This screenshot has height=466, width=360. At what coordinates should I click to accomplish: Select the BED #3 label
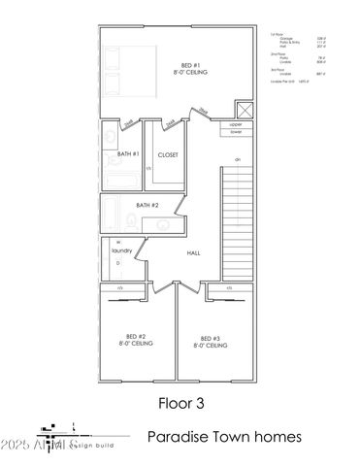pyautogui.click(x=212, y=342)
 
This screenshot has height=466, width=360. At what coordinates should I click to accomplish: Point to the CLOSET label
pyautogui.click(x=168, y=154)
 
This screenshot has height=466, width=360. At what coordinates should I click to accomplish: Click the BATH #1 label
pyautogui.click(x=129, y=154)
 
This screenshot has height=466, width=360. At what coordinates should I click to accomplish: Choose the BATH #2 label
pyautogui.click(x=147, y=206)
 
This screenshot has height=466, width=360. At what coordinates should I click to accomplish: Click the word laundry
pyautogui.click(x=121, y=250)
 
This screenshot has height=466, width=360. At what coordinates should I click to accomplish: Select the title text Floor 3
pyautogui.click(x=180, y=400)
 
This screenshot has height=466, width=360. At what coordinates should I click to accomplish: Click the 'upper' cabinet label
pyautogui.click(x=236, y=125)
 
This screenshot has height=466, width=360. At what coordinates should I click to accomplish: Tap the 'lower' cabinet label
pyautogui.click(x=236, y=132)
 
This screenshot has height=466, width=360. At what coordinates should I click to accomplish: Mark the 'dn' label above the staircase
pyautogui.click(x=237, y=159)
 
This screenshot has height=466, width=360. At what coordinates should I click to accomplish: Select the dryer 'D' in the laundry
pyautogui.click(x=118, y=263)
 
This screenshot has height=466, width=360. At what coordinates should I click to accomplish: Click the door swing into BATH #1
pyautogui.click(x=128, y=127)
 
